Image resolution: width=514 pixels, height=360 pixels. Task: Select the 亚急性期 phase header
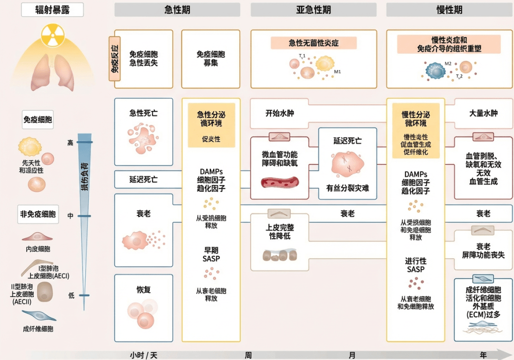coord(313,10)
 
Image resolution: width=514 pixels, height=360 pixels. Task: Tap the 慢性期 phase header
coord(449,10)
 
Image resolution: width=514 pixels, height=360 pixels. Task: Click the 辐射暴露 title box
coord(52,10)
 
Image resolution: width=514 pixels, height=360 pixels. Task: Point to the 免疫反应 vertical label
coord(114,59)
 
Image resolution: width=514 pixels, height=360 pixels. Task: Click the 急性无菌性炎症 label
coord(314,43)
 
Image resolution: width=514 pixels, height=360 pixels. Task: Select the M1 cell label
coord(338,72)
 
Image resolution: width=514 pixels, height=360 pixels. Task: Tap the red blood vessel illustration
coord(280,182)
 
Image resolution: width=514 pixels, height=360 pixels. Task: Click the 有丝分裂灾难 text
coord(347,188)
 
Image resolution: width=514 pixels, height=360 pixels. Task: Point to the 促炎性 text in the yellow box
coord(211,139)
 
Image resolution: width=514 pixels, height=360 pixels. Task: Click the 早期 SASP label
coord(211,254)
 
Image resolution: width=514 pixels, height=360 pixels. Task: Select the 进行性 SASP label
coord(415,265)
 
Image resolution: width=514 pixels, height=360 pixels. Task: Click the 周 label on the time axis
coord(248,355)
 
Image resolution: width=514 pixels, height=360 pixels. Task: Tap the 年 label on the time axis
coord(483,355)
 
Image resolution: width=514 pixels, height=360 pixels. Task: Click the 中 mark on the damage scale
coord(70,216)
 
